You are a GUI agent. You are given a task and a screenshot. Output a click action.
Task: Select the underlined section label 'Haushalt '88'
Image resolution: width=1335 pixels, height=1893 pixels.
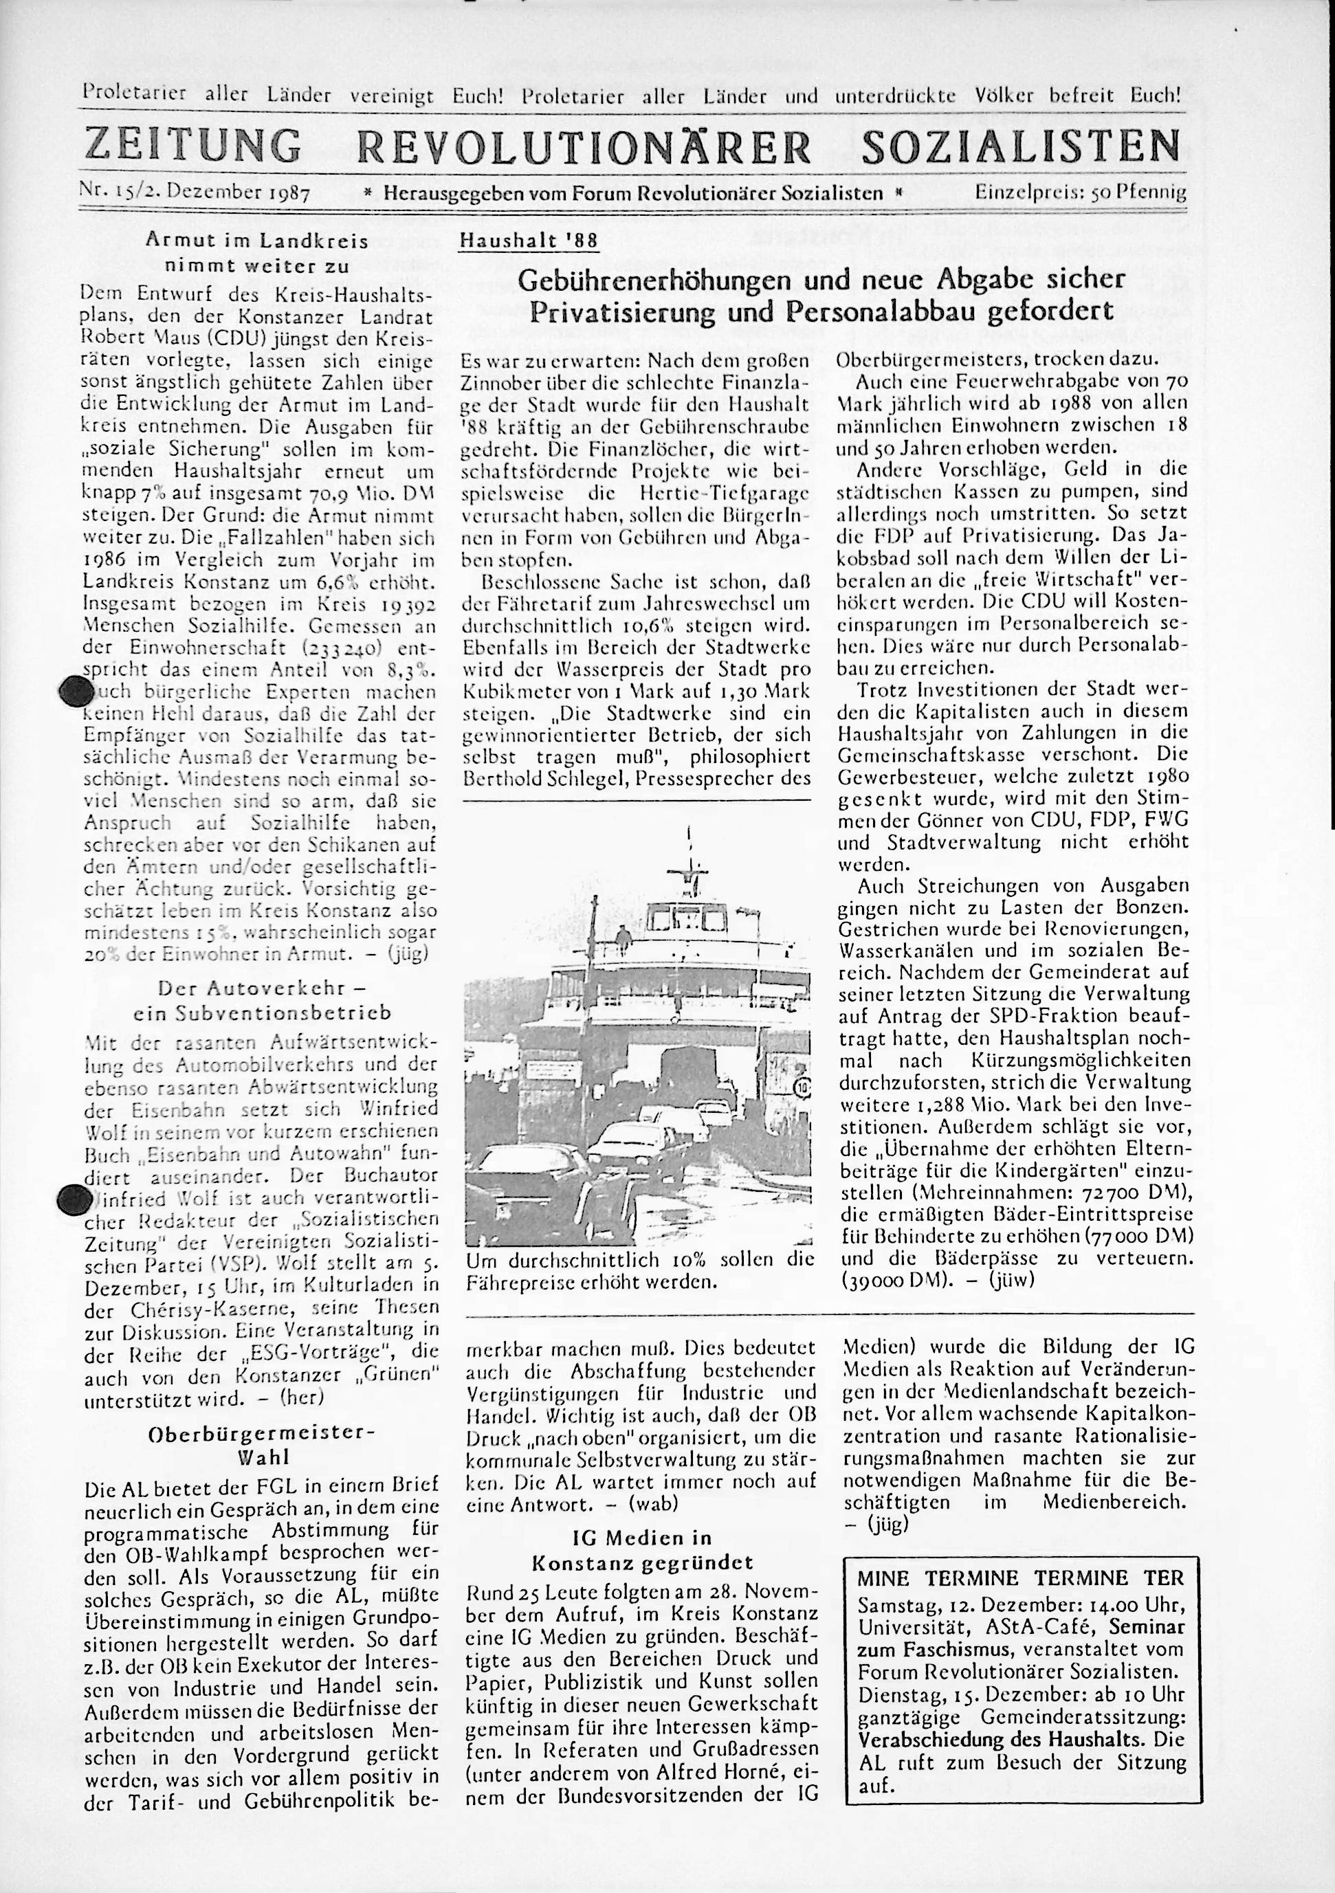pos(529,241)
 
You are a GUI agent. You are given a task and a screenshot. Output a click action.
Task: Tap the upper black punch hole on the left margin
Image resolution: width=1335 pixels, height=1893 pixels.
pos(75,690)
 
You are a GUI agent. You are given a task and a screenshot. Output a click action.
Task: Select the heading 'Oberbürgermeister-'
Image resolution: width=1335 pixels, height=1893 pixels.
pos(261,1433)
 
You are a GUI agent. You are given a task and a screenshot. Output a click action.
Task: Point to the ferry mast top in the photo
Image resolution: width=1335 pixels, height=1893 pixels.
pos(689,837)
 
